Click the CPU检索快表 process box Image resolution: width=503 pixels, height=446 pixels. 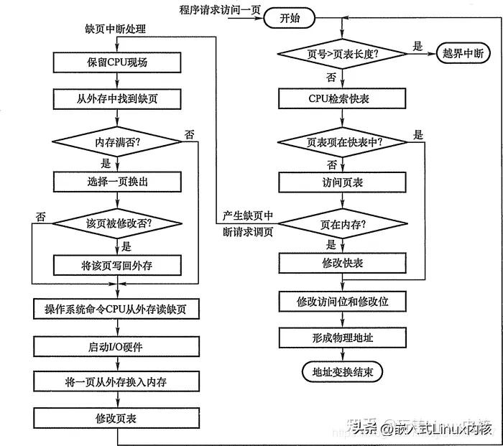[343, 99]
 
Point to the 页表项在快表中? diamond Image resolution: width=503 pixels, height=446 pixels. [342, 141]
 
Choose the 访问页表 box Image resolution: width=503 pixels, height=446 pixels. [343, 182]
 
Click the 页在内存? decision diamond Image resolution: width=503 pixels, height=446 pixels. [342, 224]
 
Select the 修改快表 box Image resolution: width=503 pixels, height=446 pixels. [343, 264]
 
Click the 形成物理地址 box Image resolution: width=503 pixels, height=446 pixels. [343, 338]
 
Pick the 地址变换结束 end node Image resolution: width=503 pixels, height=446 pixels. [343, 372]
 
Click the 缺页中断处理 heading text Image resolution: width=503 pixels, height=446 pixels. [115, 29]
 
